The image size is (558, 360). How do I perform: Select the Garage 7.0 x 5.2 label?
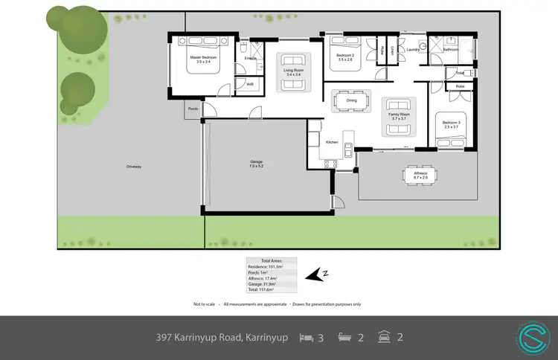(x=257, y=164)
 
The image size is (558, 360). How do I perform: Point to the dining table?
(x=347, y=101)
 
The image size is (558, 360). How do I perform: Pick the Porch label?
(x=193, y=109)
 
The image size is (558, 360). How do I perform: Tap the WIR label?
(x=251, y=84)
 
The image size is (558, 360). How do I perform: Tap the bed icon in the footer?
(x=306, y=337)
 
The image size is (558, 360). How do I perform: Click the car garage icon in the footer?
(x=385, y=337)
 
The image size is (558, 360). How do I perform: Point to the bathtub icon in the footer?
(x=345, y=337)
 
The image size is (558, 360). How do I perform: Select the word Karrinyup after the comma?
(x=266, y=337)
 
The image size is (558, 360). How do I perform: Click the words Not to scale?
(x=205, y=304)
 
